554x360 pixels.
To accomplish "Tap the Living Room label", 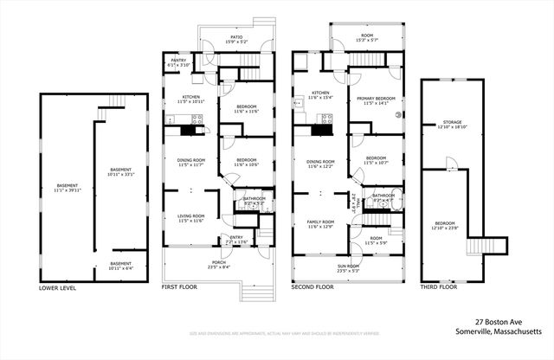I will tap(190, 218).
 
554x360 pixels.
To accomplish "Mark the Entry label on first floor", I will tap(236, 240).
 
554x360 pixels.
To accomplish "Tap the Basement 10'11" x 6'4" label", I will tap(121, 265).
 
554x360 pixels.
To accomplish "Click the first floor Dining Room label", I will tap(192, 162).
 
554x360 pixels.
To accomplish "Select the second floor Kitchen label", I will tap(321, 94).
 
